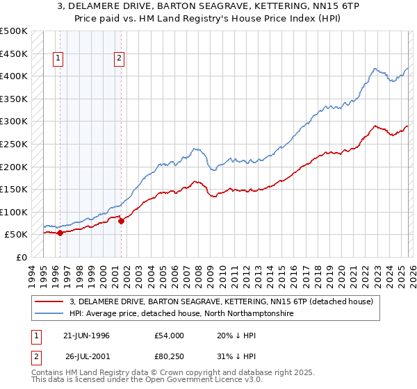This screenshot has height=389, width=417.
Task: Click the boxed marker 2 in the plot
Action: pyautogui.click(x=120, y=59)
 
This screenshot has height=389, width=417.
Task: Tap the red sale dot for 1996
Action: pyautogui.click(x=60, y=233)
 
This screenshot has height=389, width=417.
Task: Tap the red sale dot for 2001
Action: pyautogui.click(x=121, y=221)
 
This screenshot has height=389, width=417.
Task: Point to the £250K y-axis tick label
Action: pyautogui.click(x=14, y=144)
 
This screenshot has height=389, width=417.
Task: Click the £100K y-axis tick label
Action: pyautogui.click(x=14, y=212)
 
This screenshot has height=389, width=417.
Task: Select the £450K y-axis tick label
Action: pyautogui.click(x=14, y=53)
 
